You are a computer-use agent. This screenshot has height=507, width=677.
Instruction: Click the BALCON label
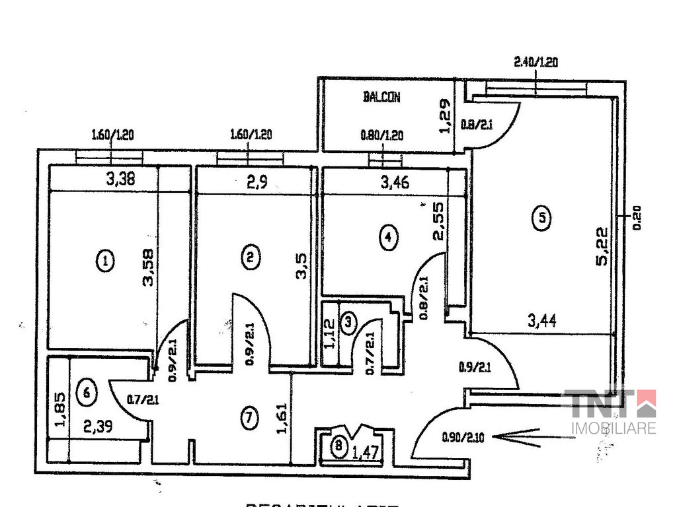(x=381, y=97)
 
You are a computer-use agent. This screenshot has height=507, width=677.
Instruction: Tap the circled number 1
(x=104, y=261)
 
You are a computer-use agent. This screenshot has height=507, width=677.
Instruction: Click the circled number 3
(x=348, y=322)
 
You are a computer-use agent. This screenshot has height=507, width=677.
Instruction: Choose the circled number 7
(x=248, y=417)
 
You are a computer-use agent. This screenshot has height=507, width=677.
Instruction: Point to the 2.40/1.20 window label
(x=536, y=63)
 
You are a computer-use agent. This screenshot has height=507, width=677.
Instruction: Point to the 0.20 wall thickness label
(x=637, y=217)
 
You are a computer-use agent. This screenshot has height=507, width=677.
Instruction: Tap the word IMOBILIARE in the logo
(x=613, y=428)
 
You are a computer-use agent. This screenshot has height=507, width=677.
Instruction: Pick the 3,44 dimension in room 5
(x=541, y=321)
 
